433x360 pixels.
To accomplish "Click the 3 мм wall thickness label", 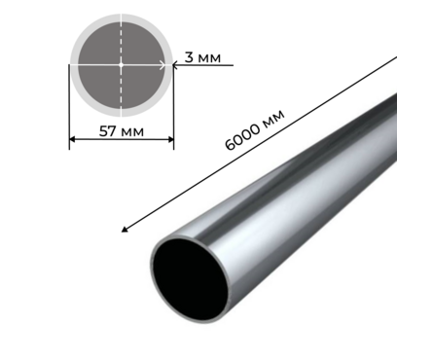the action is [x=202, y=57].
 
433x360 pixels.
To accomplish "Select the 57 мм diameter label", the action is [x=121, y=131].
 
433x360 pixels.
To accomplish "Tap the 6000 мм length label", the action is [x=255, y=129].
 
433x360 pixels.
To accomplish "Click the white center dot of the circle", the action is [x=122, y=64].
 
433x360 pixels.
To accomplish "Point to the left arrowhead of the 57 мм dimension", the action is [x=72, y=139].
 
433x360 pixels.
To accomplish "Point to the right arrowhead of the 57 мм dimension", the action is [x=170, y=139].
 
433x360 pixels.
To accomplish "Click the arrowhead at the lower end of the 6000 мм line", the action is [x=125, y=230].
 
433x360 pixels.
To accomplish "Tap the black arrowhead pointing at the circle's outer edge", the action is [x=175, y=65].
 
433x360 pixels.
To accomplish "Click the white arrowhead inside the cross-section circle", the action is [x=162, y=65].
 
